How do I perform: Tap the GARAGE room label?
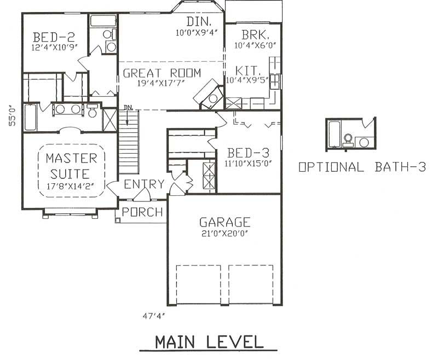pyautogui.click(x=224, y=222)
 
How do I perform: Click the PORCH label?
pyautogui.click(x=142, y=212)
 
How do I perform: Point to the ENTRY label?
pyautogui.click(x=144, y=184)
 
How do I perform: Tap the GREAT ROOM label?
pyautogui.click(x=162, y=73)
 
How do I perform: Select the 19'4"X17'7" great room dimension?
pyautogui.click(x=162, y=83)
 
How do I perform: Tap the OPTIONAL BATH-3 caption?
pyautogui.click(x=362, y=167)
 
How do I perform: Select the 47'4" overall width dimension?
pyautogui.click(x=153, y=316)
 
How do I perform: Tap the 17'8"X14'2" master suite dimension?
pyautogui.click(x=71, y=185)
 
